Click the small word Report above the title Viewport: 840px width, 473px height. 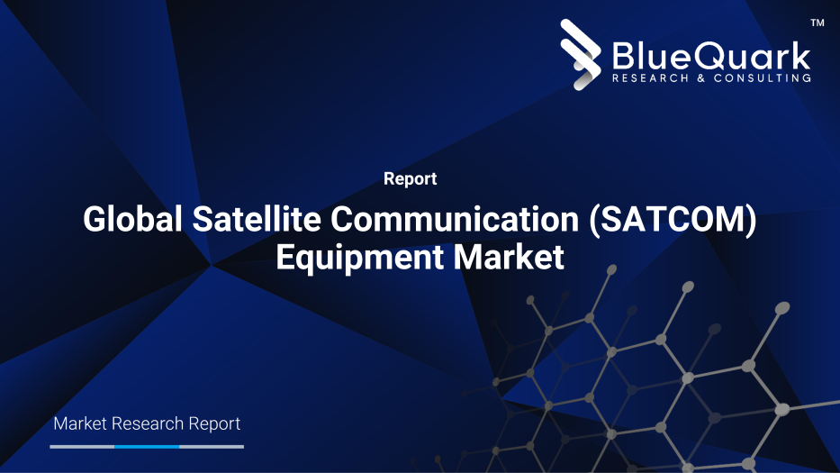[x=410, y=179]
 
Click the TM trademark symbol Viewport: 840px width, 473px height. [x=817, y=23]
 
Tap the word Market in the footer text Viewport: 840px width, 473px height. [x=80, y=423]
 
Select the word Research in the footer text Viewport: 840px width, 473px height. [x=149, y=423]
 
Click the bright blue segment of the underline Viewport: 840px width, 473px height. [x=147, y=446]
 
